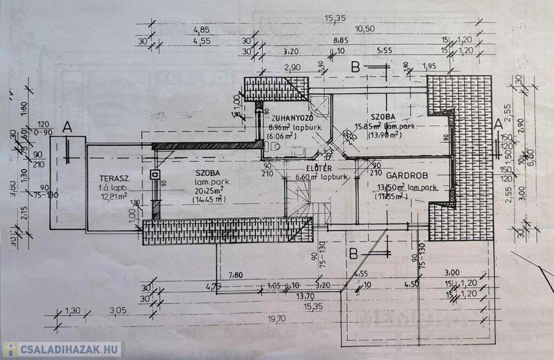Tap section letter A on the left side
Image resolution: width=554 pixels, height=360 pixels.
tap(67, 127)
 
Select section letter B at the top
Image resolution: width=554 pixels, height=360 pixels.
tap(355, 67)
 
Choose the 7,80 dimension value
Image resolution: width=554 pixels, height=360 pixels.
tap(235, 276)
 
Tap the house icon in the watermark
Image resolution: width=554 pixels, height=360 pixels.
tap(10, 350)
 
